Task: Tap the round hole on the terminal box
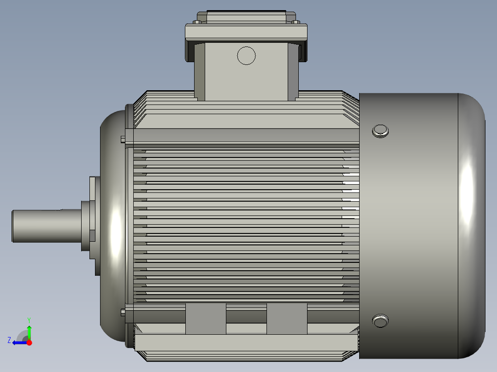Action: coord(246,56)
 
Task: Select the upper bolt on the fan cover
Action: coord(380,131)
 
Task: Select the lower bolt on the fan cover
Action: coord(380,320)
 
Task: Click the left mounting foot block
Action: coord(206,318)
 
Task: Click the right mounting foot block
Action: coord(287,318)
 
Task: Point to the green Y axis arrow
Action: coord(29,331)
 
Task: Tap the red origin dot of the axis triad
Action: coord(30,343)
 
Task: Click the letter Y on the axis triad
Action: coord(29,320)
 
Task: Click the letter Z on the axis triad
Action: coord(9,340)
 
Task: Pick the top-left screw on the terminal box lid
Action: coord(197,22)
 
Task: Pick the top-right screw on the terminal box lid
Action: coord(296,22)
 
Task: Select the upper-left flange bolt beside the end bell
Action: coord(122,139)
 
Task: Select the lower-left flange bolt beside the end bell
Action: coord(122,313)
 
